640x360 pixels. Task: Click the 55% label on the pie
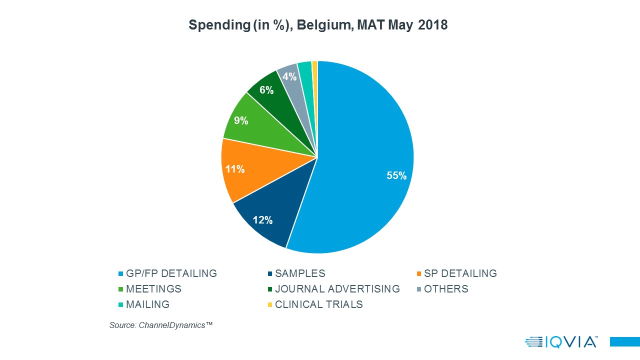tap(396, 175)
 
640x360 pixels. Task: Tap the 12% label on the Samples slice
tap(262, 219)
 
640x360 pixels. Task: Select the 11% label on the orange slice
tap(234, 169)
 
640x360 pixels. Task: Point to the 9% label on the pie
tap(241, 120)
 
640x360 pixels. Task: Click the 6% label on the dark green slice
tap(266, 90)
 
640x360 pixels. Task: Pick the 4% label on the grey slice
tap(289, 76)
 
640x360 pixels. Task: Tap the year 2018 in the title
tap(433, 25)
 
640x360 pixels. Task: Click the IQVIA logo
tap(561, 342)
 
